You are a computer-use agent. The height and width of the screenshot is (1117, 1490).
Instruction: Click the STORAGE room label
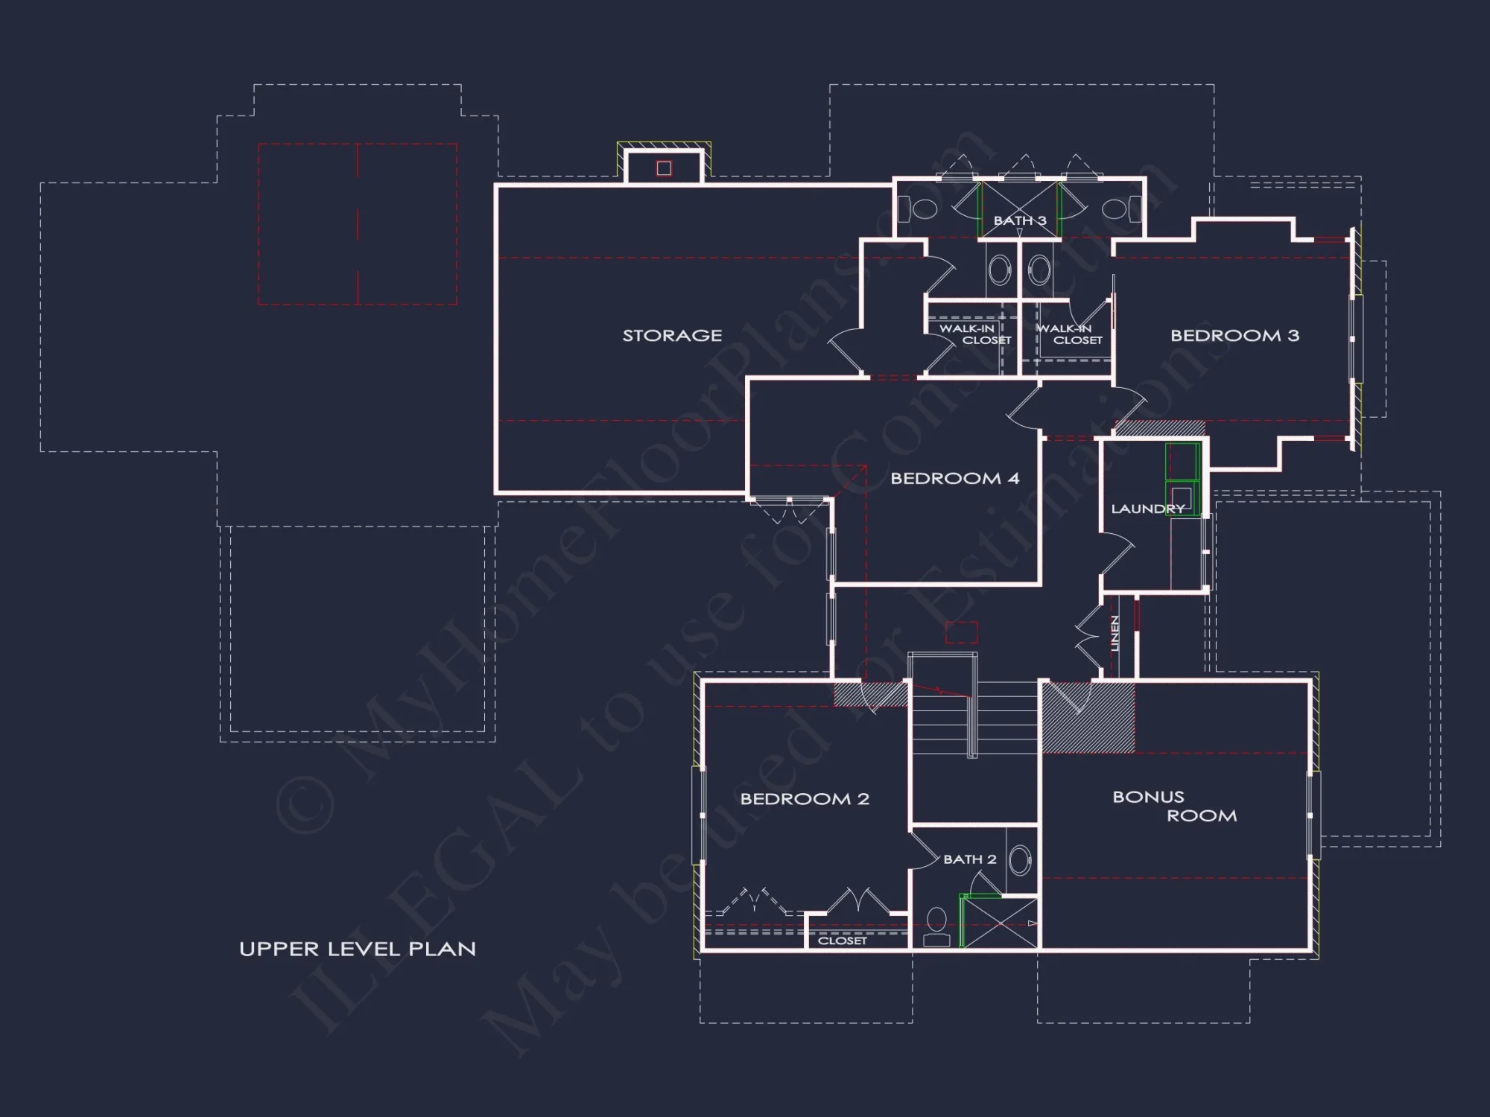pyautogui.click(x=672, y=336)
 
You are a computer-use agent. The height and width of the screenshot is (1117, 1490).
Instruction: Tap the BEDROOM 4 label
pyautogui.click(x=954, y=479)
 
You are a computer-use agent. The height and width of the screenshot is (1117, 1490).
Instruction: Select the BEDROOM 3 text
pyautogui.click(x=1234, y=336)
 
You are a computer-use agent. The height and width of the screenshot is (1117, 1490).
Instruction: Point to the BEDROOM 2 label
pyautogui.click(x=805, y=799)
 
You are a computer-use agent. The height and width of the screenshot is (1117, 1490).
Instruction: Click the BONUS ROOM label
pyautogui.click(x=1174, y=806)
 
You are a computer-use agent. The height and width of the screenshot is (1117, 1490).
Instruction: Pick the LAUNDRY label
pyautogui.click(x=1147, y=509)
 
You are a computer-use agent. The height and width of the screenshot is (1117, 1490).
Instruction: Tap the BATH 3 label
pyautogui.click(x=1020, y=220)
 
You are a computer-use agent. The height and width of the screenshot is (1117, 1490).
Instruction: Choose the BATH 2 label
pyautogui.click(x=969, y=859)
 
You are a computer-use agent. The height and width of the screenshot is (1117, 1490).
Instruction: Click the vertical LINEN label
pyautogui.click(x=1115, y=633)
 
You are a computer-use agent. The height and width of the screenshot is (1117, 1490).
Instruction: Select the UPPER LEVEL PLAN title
pyautogui.click(x=358, y=949)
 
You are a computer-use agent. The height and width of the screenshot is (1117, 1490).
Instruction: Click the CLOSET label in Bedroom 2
pyautogui.click(x=843, y=941)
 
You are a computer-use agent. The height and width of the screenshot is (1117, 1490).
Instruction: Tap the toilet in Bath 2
pyautogui.click(x=936, y=926)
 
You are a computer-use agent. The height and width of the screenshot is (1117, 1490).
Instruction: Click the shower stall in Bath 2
pyautogui.click(x=1000, y=923)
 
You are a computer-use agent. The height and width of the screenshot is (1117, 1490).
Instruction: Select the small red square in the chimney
pyautogui.click(x=664, y=168)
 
